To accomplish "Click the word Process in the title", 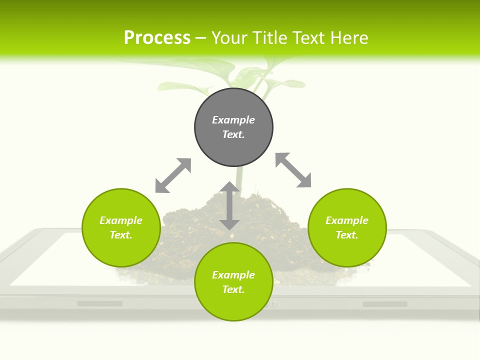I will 157,38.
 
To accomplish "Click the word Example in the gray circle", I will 233,120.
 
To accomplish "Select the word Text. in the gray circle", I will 233,134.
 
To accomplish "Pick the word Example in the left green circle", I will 121,220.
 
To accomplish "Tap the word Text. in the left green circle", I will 121,235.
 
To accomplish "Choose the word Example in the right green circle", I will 347,220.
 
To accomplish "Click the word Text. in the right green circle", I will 347,235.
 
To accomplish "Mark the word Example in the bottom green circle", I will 233,275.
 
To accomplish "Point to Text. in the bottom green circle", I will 233,289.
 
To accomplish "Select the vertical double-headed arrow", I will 229,206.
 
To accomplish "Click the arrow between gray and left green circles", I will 173,175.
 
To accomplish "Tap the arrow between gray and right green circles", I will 293,170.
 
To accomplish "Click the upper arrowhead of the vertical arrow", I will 229,187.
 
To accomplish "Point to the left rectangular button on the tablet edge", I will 99,303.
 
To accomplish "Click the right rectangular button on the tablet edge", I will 384,304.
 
